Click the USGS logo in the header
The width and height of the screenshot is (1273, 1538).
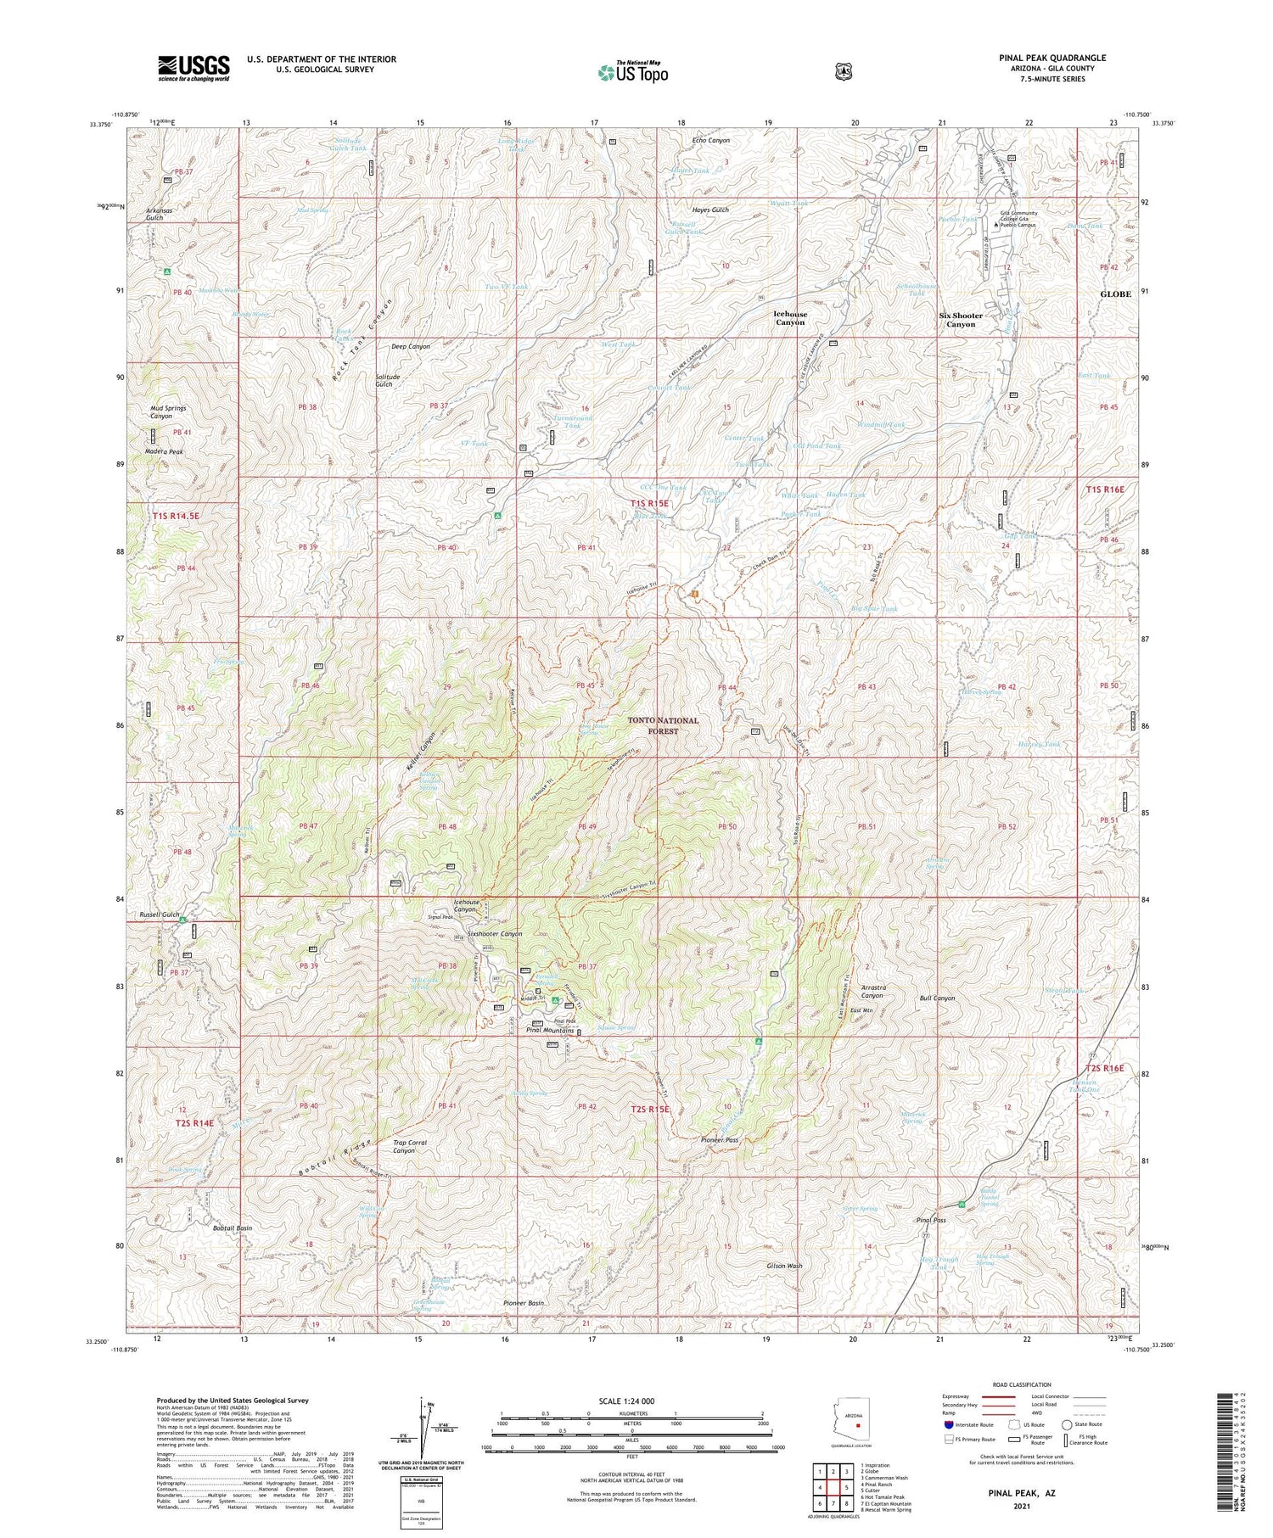coord(193,68)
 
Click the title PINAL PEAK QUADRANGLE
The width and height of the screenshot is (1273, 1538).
coord(1051,59)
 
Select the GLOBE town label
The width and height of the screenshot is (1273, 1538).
coord(1115,294)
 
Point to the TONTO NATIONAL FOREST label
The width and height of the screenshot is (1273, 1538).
coord(663,724)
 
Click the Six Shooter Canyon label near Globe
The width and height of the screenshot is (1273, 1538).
coord(960,320)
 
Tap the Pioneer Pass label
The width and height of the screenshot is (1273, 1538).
coord(720,1140)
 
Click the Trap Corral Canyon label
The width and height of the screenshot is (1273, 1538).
coord(410,1147)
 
